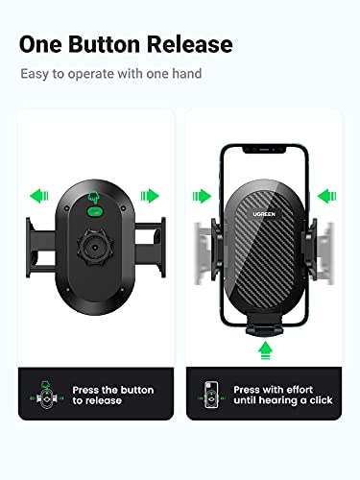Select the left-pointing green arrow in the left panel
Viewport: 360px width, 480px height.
point(38,196)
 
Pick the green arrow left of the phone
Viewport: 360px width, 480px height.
point(201,196)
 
